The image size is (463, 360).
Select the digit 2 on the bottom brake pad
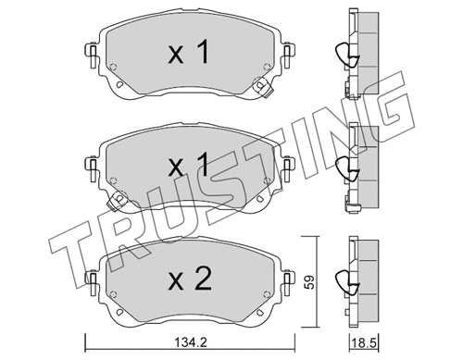(205, 279)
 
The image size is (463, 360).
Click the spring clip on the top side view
(345, 56)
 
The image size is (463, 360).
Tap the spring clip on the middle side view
(345, 168)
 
